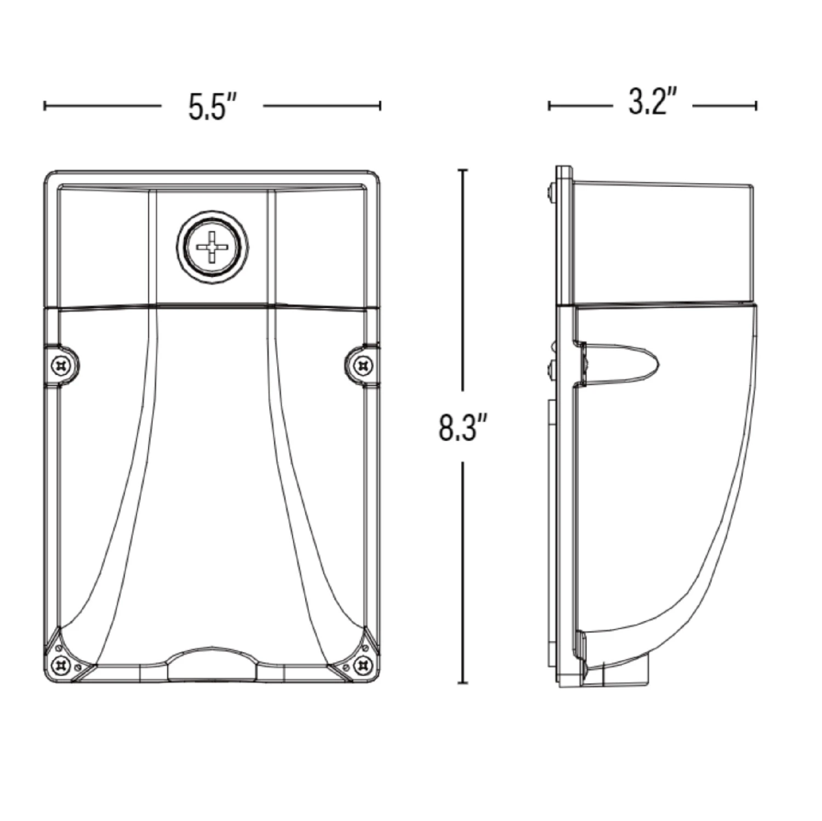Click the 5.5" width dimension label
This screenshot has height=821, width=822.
click(213, 106)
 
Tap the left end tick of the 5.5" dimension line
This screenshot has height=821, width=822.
click(45, 106)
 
